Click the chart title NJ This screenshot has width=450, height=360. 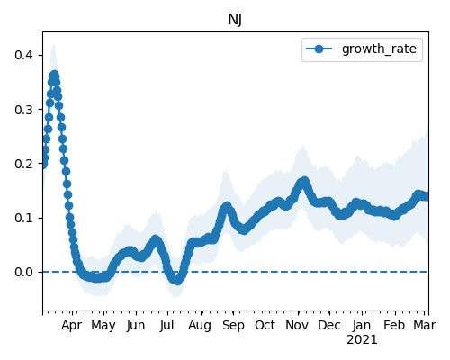pos(235,20)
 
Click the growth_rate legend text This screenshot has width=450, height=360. pos(379,49)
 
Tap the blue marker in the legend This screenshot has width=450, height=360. pos(319,49)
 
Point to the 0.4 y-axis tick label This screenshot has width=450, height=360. pos(24,55)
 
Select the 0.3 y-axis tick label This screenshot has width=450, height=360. pos(24,110)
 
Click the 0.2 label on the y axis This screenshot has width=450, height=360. pos(24,164)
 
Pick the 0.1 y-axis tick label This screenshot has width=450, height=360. pos(24,218)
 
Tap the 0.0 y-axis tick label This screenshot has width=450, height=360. pos(24,272)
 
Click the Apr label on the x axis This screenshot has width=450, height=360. pos(71,326)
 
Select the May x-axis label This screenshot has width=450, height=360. pos(103,326)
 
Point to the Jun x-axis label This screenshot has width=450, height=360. pos(136,326)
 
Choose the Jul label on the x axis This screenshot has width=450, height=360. pos(166,326)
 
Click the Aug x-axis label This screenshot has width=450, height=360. pos(200,326)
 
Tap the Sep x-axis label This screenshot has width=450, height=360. pos(233,326)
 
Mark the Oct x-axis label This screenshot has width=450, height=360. pos(265,325)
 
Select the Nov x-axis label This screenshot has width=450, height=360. pos(297,325)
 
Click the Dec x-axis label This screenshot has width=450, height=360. pos(329,325)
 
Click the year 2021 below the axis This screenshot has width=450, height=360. pos(362,340)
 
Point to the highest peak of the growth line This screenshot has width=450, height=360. pos(54,75)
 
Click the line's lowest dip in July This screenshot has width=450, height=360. pos(177,281)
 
